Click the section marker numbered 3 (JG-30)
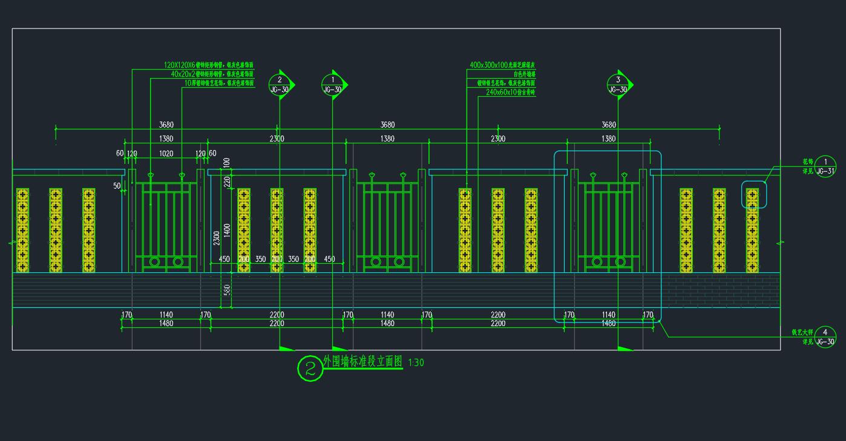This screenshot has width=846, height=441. point(618,84)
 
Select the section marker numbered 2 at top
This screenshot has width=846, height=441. point(280,84)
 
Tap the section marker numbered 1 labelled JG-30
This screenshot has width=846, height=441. point(332,84)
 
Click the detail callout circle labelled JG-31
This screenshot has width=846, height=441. point(825,166)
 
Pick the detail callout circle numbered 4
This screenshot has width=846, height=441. point(825,337)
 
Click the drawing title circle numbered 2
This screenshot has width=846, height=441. point(310,368)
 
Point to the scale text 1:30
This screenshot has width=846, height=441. point(416,363)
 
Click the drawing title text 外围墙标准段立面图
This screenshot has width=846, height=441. point(362,362)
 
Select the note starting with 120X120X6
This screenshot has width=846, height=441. point(208,65)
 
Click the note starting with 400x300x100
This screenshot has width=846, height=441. point(502,65)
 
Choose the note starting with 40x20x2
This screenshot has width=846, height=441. point(212,74)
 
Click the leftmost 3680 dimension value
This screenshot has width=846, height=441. point(166,125)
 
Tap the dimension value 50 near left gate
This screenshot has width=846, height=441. point(117,186)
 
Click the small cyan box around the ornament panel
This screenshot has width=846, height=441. point(754,194)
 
